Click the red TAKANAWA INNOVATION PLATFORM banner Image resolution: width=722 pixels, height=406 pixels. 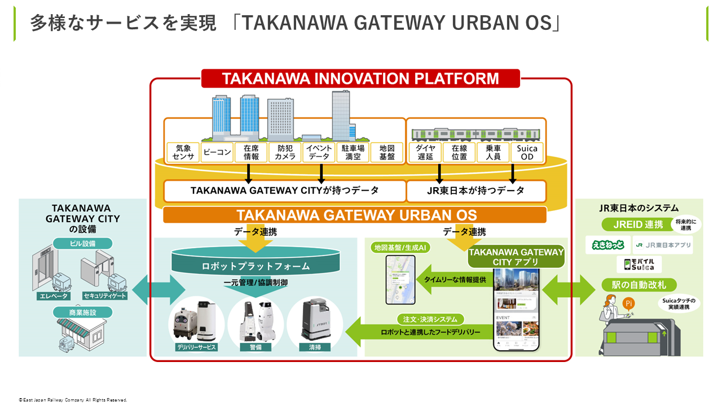click(360, 78)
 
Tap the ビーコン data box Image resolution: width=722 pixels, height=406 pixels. click(217, 152)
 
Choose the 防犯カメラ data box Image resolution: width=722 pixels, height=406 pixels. click(285, 152)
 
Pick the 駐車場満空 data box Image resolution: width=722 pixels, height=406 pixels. click(353, 152)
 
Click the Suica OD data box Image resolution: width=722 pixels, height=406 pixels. click(527, 152)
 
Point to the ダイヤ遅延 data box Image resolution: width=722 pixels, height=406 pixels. click(425, 152)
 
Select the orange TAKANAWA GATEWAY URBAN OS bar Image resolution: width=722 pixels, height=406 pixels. click(355, 215)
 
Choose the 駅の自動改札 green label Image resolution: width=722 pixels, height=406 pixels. click(639, 285)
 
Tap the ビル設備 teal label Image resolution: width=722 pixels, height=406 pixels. click(83, 244)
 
